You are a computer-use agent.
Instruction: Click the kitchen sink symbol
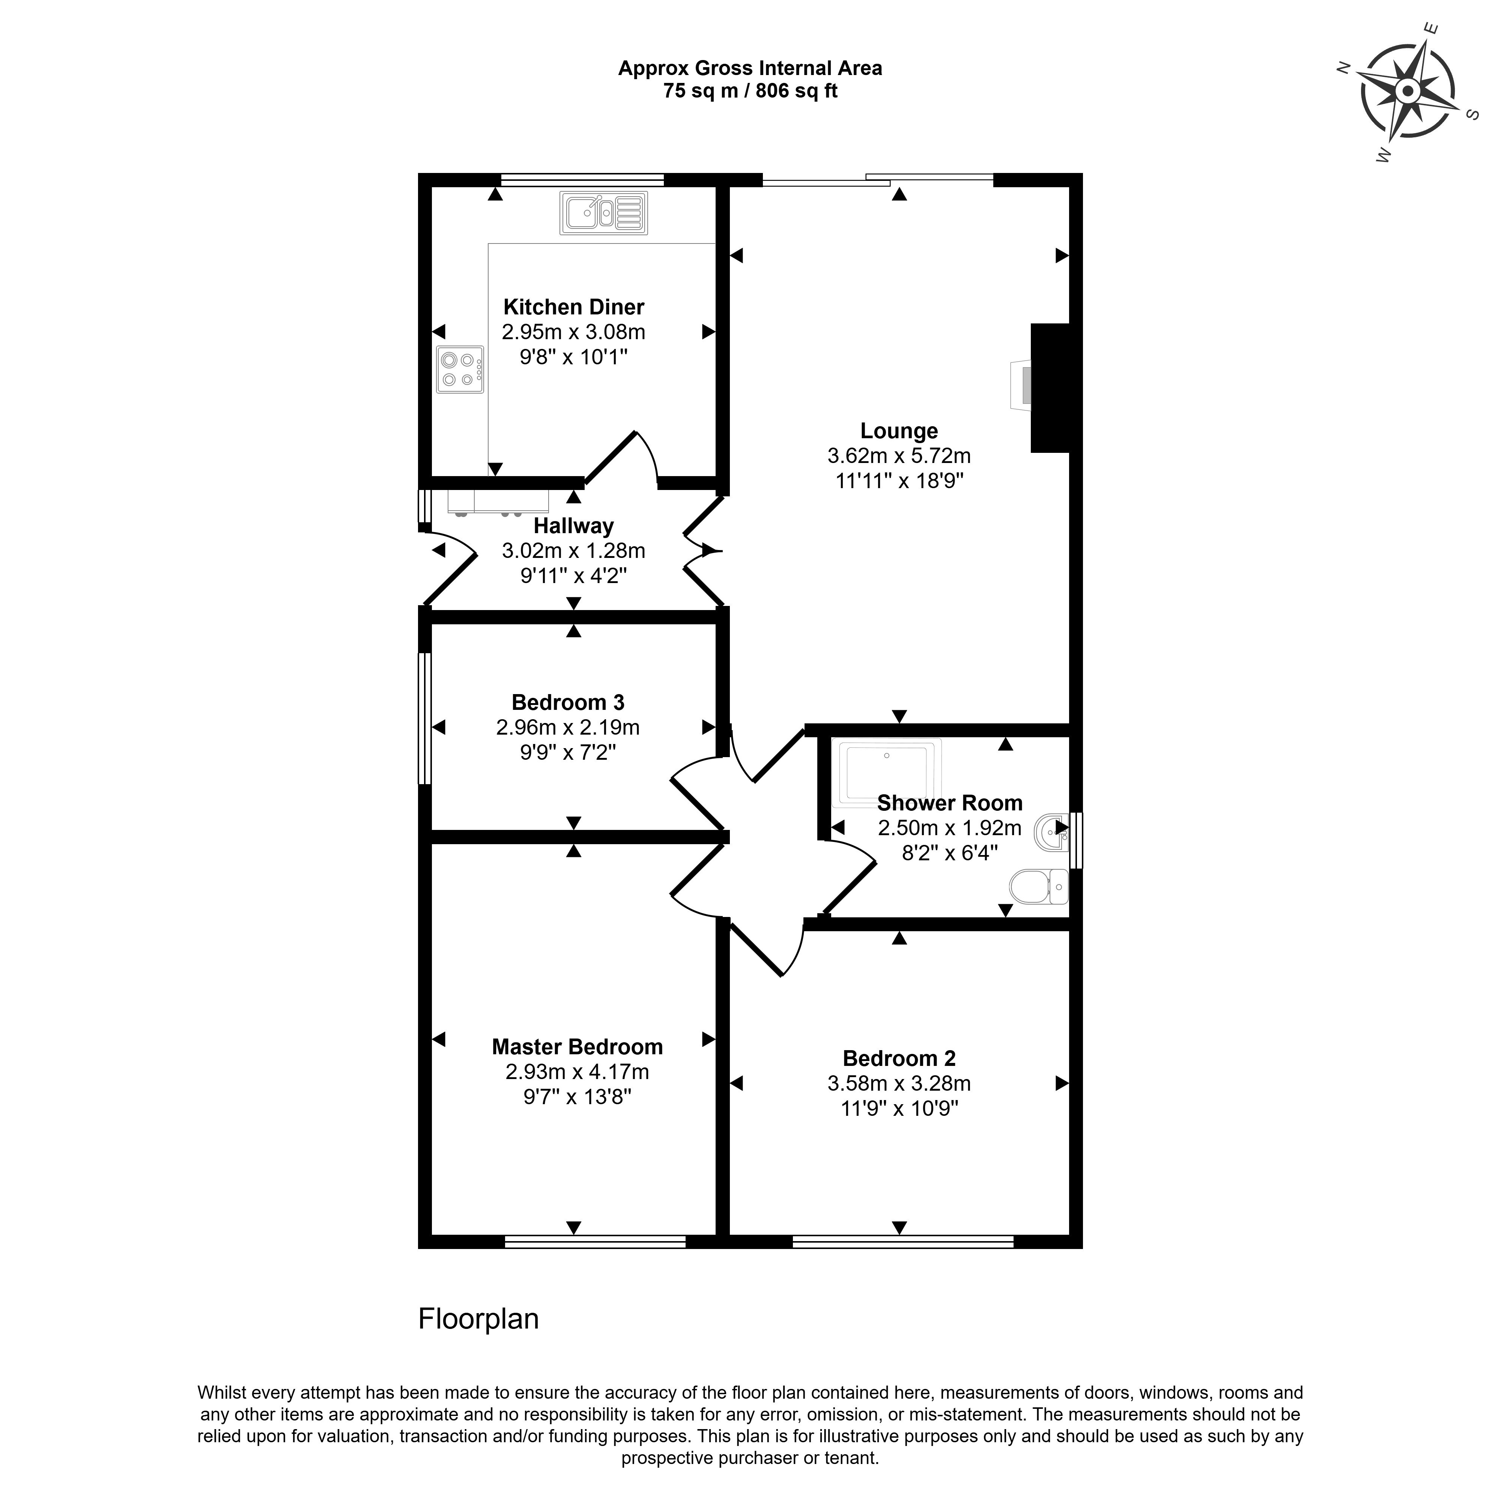[604, 213]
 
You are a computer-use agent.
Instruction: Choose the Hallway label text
[573, 526]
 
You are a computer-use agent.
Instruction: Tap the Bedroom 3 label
[568, 702]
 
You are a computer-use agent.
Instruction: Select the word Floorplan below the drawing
[478, 1318]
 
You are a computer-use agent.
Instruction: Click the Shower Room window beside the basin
[1076, 840]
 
